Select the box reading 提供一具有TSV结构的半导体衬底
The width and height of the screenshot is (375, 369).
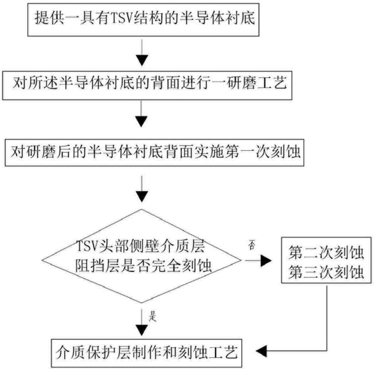pos(144,19)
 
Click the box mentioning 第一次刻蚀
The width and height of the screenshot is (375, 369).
pos(154,153)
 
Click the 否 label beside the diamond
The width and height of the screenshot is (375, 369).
pos(252,244)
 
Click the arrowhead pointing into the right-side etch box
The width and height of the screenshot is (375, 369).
pos(266,260)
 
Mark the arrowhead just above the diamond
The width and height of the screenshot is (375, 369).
pos(142,196)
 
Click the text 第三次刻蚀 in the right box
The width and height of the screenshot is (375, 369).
pos(326,272)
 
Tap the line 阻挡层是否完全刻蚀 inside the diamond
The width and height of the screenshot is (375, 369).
pos(143,267)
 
